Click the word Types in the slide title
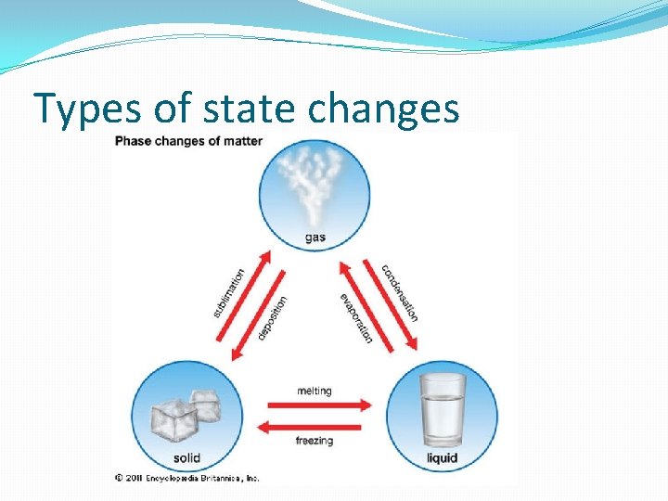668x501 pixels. pos(85,109)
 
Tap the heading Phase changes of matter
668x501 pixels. pos(188,141)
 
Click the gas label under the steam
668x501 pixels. pos(315,238)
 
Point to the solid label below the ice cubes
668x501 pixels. pos(186,458)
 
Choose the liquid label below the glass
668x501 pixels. pos(442,458)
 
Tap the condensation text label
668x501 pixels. pos(400,293)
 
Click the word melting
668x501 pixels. pos(314,391)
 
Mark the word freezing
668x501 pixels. pos(314,441)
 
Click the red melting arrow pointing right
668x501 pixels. pos(318,405)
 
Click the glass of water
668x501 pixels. pos(442,409)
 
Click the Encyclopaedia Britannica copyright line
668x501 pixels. pos(187,478)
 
